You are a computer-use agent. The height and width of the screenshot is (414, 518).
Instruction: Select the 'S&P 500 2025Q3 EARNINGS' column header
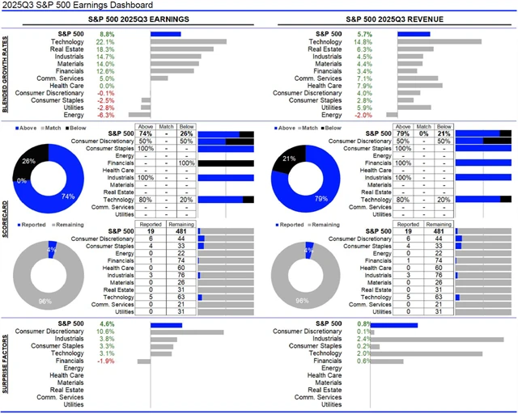[142, 19]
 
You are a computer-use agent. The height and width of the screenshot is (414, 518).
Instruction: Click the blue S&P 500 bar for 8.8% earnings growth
[165, 34]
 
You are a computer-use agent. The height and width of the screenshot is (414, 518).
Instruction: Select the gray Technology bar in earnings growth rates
[189, 41]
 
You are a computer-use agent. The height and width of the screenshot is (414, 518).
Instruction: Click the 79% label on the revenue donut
[321, 198]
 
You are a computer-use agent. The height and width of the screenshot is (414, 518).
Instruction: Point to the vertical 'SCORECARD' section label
[6, 218]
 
